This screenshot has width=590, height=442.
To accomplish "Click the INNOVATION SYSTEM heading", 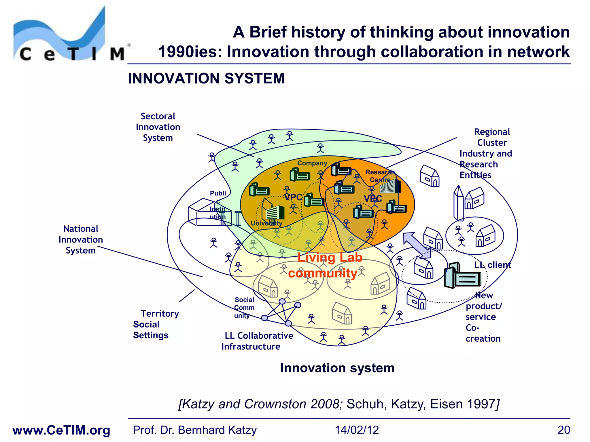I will pyautogui.click(x=206, y=79).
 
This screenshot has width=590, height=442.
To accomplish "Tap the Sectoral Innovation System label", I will pyautogui.click(x=158, y=127).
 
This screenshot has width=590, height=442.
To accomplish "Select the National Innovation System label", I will pyautogui.click(x=81, y=239).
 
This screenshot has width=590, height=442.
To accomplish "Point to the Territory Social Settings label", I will pyautogui.click(x=156, y=324).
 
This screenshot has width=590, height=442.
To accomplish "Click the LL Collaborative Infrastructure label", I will pyautogui.click(x=257, y=341).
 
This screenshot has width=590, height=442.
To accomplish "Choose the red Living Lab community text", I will pyautogui.click(x=326, y=265).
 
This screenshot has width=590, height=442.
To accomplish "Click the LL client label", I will pyautogui.click(x=492, y=265).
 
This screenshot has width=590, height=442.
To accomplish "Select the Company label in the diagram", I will pyautogui.click(x=312, y=163).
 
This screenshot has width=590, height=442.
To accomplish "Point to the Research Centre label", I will pyautogui.click(x=380, y=176).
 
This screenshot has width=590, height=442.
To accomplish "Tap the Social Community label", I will pyautogui.click(x=244, y=308).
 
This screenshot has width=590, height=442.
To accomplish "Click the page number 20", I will pyautogui.click(x=563, y=430).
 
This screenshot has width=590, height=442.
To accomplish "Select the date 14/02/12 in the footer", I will pyautogui.click(x=357, y=430).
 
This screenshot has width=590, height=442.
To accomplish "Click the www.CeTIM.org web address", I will pyautogui.click(x=61, y=430).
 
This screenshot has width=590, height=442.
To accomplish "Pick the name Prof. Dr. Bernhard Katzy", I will pyautogui.click(x=194, y=430).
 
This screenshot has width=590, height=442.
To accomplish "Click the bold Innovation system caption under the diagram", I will pyautogui.click(x=337, y=368).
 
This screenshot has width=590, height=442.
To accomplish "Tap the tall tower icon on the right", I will pyautogui.click(x=458, y=203).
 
